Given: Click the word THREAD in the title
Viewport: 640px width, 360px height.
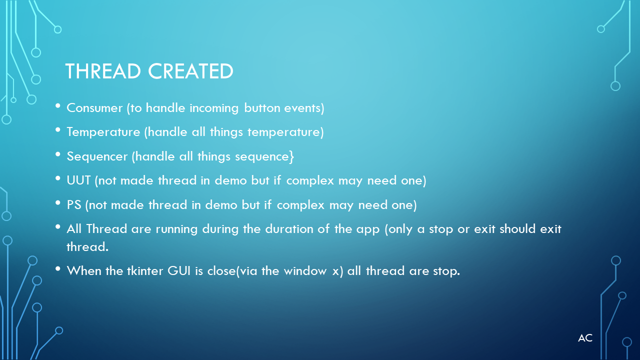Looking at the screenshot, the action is [103, 71].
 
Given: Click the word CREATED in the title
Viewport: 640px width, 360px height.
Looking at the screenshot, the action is [190, 71].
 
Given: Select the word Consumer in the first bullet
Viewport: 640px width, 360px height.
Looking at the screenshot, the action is [94, 108].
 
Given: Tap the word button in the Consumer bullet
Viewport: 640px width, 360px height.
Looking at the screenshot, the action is [262, 108].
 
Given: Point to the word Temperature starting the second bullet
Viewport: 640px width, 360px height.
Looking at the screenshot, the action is [103, 132].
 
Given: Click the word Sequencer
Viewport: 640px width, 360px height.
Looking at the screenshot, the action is [97, 156].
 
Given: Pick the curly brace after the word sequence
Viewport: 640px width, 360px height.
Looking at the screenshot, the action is [291, 156].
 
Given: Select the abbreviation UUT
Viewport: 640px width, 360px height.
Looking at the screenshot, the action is [78, 180].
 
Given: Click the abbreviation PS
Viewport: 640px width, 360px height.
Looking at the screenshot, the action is [73, 205].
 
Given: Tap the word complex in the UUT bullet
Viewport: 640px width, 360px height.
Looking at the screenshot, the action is [310, 181].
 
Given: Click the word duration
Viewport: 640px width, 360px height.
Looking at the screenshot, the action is [289, 229].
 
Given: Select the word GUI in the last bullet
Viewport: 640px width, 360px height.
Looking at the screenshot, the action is [179, 271].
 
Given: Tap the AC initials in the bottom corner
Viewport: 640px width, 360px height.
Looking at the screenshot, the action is [585, 338].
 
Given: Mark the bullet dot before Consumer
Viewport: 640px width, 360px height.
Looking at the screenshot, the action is [57, 106].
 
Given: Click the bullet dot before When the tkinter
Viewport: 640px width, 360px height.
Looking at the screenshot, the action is [57, 269].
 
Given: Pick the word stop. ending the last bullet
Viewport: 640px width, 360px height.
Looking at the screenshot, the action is [446, 271].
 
